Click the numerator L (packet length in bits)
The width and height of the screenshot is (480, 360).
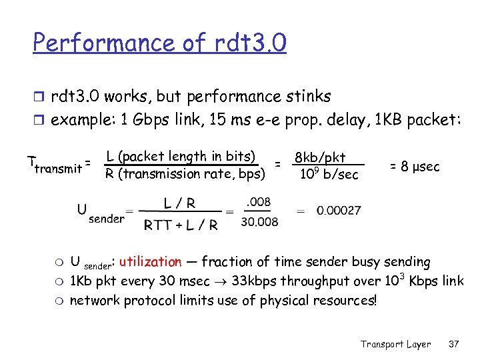tap(181, 157)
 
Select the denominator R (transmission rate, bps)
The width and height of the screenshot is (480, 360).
tap(185, 175)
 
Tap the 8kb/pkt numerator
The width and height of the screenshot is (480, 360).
tap(320, 157)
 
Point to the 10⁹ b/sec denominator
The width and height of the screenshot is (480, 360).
tap(329, 175)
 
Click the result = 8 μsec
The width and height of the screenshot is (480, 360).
tap(415, 166)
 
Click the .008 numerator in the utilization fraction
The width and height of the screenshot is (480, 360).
tap(259, 202)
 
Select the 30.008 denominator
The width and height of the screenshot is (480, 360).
tap(259, 221)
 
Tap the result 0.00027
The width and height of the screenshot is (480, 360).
tap(339, 211)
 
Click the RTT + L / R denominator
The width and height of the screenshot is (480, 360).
tap(181, 225)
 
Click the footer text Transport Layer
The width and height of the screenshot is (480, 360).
tap(395, 344)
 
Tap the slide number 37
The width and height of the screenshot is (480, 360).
tap(454, 344)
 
